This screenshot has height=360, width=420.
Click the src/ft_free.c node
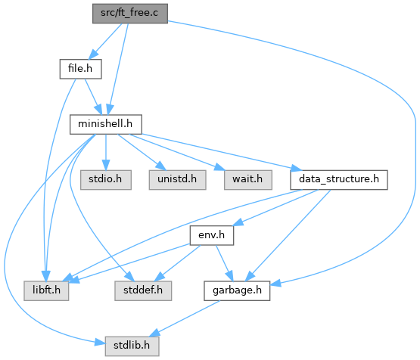(x=130, y=14)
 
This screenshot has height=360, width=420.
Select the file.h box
(x=81, y=69)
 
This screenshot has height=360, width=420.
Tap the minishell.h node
(x=106, y=125)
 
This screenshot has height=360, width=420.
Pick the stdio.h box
(x=106, y=180)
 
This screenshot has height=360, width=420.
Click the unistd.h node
(x=177, y=180)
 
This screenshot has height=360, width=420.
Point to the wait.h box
(x=248, y=180)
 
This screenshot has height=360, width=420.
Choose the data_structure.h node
(x=339, y=180)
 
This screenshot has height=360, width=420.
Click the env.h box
(x=212, y=235)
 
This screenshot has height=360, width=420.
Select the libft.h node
(x=46, y=290)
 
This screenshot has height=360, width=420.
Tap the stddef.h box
(x=143, y=290)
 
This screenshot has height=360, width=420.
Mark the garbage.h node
(x=237, y=290)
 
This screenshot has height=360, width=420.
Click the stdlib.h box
(x=132, y=346)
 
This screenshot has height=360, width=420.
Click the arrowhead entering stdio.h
(x=106, y=166)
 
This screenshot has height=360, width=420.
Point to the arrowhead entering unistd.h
(x=161, y=166)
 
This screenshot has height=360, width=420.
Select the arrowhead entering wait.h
(x=219, y=167)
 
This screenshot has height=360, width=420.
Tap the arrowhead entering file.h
(x=93, y=54)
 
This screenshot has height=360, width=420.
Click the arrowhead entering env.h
(x=238, y=222)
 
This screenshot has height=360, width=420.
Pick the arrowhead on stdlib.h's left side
(x=100, y=343)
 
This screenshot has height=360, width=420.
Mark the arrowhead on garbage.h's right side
(x=275, y=283)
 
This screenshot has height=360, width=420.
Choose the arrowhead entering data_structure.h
(x=296, y=169)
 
